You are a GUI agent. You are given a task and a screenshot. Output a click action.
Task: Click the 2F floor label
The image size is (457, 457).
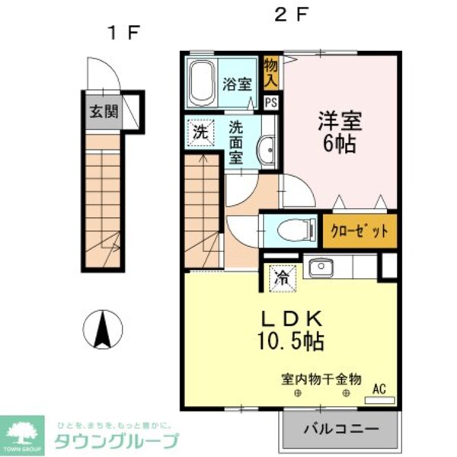point(291,14)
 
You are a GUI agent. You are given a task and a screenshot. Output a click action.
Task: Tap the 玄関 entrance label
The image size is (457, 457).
point(104,111)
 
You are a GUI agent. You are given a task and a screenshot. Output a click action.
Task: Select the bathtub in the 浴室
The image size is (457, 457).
point(202,84)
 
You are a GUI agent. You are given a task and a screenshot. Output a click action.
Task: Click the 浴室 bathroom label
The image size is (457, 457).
point(237,84)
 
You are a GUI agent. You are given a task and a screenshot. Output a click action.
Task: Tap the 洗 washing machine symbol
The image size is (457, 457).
point(199,131)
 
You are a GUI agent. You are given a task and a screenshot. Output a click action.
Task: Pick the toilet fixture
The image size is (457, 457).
point(289,228)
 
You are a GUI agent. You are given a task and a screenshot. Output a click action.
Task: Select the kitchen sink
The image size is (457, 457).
point(318,268)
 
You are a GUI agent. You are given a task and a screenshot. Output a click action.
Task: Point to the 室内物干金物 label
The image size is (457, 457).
point(321,379)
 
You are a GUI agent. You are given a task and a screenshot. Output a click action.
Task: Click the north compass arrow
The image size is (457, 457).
point(103,328)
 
